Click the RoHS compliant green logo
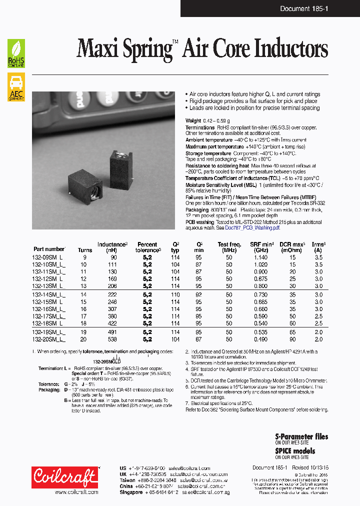[16, 53]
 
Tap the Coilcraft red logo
[65, 477]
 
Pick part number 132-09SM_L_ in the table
[49, 257]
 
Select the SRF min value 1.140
[260, 257]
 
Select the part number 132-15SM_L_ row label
[49, 302]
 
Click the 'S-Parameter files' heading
[301, 436]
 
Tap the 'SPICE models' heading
[295, 450]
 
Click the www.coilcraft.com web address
[75, 492]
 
